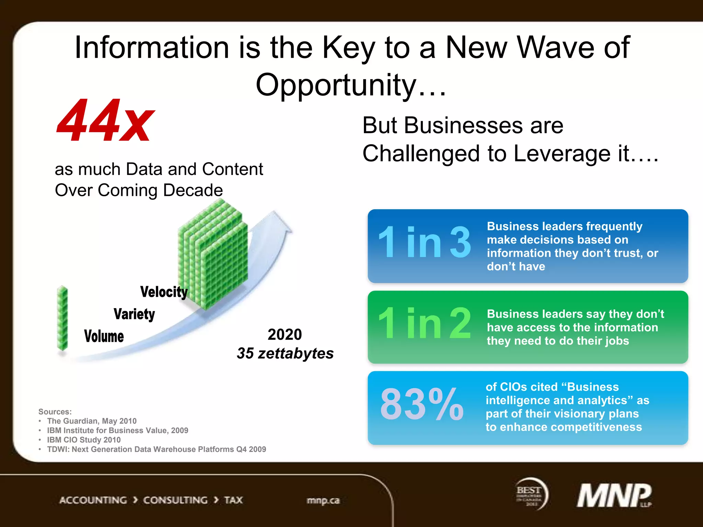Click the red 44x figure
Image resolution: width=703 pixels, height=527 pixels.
(105, 121)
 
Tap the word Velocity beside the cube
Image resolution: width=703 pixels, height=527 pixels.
(164, 292)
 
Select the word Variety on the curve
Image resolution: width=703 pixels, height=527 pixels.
(134, 314)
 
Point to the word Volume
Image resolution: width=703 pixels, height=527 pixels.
(104, 336)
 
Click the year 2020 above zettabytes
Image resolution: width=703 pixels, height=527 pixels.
(285, 335)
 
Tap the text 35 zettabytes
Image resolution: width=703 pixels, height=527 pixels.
(285, 353)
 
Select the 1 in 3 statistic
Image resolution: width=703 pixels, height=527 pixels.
(424, 243)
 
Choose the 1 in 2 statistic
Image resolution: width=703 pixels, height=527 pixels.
(424, 323)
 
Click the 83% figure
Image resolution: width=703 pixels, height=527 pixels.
(422, 404)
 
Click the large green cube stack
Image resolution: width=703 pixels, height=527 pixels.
(213, 254)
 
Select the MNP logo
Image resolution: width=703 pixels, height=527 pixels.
(614, 495)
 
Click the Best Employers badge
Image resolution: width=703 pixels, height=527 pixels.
(531, 494)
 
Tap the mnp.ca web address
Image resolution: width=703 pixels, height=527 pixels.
(323, 501)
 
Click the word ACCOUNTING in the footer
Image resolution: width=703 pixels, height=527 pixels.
(93, 500)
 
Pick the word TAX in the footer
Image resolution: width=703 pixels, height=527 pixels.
(233, 500)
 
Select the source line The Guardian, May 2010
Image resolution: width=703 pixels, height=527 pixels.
(92, 421)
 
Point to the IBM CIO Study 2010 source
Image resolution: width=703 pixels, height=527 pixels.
(84, 440)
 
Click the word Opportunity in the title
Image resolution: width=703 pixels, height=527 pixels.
(336, 85)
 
